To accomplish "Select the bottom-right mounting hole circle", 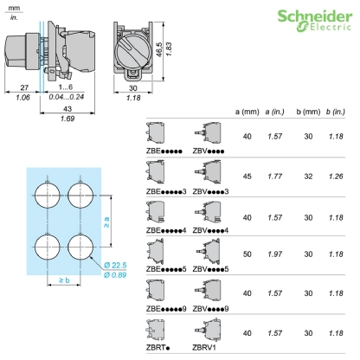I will (x=79, y=246).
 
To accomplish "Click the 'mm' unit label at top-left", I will (x=13, y=6).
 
